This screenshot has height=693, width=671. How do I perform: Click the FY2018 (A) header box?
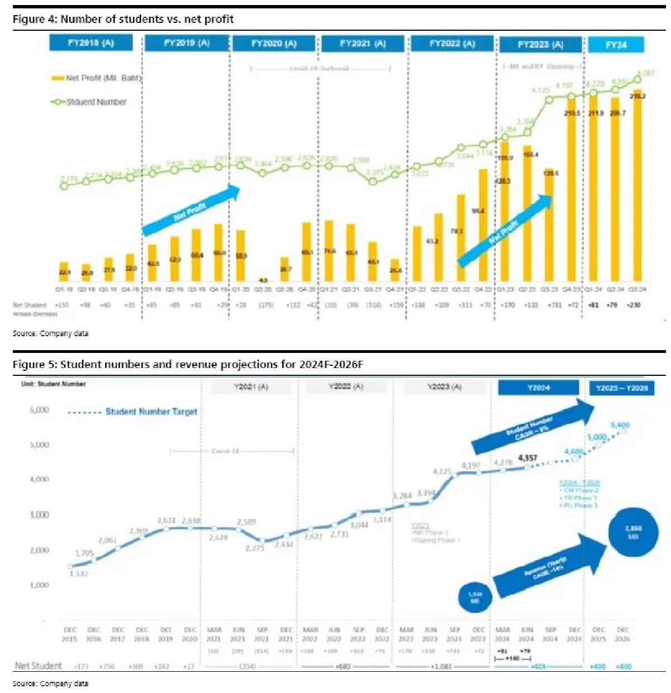91,43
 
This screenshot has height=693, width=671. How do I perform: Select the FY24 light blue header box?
616,45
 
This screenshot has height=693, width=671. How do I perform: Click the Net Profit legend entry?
97,78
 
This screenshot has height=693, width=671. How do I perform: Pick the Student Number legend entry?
89,102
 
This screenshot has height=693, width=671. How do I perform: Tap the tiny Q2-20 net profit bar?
263,280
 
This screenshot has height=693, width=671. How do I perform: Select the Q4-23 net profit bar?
571,190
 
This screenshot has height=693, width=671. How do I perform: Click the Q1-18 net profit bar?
64,272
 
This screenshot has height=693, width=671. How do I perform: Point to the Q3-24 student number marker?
637,79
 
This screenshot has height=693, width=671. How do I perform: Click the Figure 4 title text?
123,19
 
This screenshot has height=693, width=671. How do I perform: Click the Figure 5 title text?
188,365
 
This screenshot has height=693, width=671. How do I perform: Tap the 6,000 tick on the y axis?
39,410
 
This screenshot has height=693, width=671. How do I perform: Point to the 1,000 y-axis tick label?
39,585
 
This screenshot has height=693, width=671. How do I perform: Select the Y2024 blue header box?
538,388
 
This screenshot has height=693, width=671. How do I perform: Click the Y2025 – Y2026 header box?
621,388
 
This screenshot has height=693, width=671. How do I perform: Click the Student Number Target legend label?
151,412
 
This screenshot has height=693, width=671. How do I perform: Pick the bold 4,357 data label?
527,458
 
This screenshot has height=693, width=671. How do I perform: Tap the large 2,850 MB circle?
633,532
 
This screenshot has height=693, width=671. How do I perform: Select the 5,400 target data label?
620,425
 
